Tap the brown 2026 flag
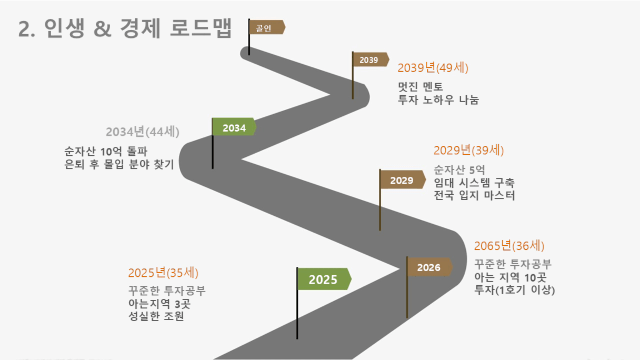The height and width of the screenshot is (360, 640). tap(429, 267)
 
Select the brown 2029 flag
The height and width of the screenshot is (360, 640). tap(403, 179)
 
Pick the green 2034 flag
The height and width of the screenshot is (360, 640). tap(234, 127)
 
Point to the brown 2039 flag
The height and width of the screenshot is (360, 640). tap(371, 59)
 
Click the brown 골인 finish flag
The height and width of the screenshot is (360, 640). tap(267, 27)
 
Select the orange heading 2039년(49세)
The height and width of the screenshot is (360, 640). tap(433, 68)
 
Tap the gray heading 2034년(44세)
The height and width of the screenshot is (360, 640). tap(143, 132)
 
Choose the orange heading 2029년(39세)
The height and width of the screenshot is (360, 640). tap(468, 151)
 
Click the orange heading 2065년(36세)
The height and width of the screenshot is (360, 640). tap(509, 246)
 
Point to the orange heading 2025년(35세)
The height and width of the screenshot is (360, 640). tap(163, 273)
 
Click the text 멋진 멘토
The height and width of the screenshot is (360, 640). tap(421, 86)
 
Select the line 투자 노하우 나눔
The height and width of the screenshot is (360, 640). tap(438, 99)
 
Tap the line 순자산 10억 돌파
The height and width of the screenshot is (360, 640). tap(106, 151)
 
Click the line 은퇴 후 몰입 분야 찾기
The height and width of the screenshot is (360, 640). tap(119, 164)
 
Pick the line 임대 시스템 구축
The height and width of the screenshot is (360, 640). tap(474, 183)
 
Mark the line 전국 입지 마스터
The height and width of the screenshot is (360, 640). tap(474, 195)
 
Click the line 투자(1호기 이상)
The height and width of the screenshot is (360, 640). tap(515, 290)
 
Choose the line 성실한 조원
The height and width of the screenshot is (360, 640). tap(156, 316)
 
